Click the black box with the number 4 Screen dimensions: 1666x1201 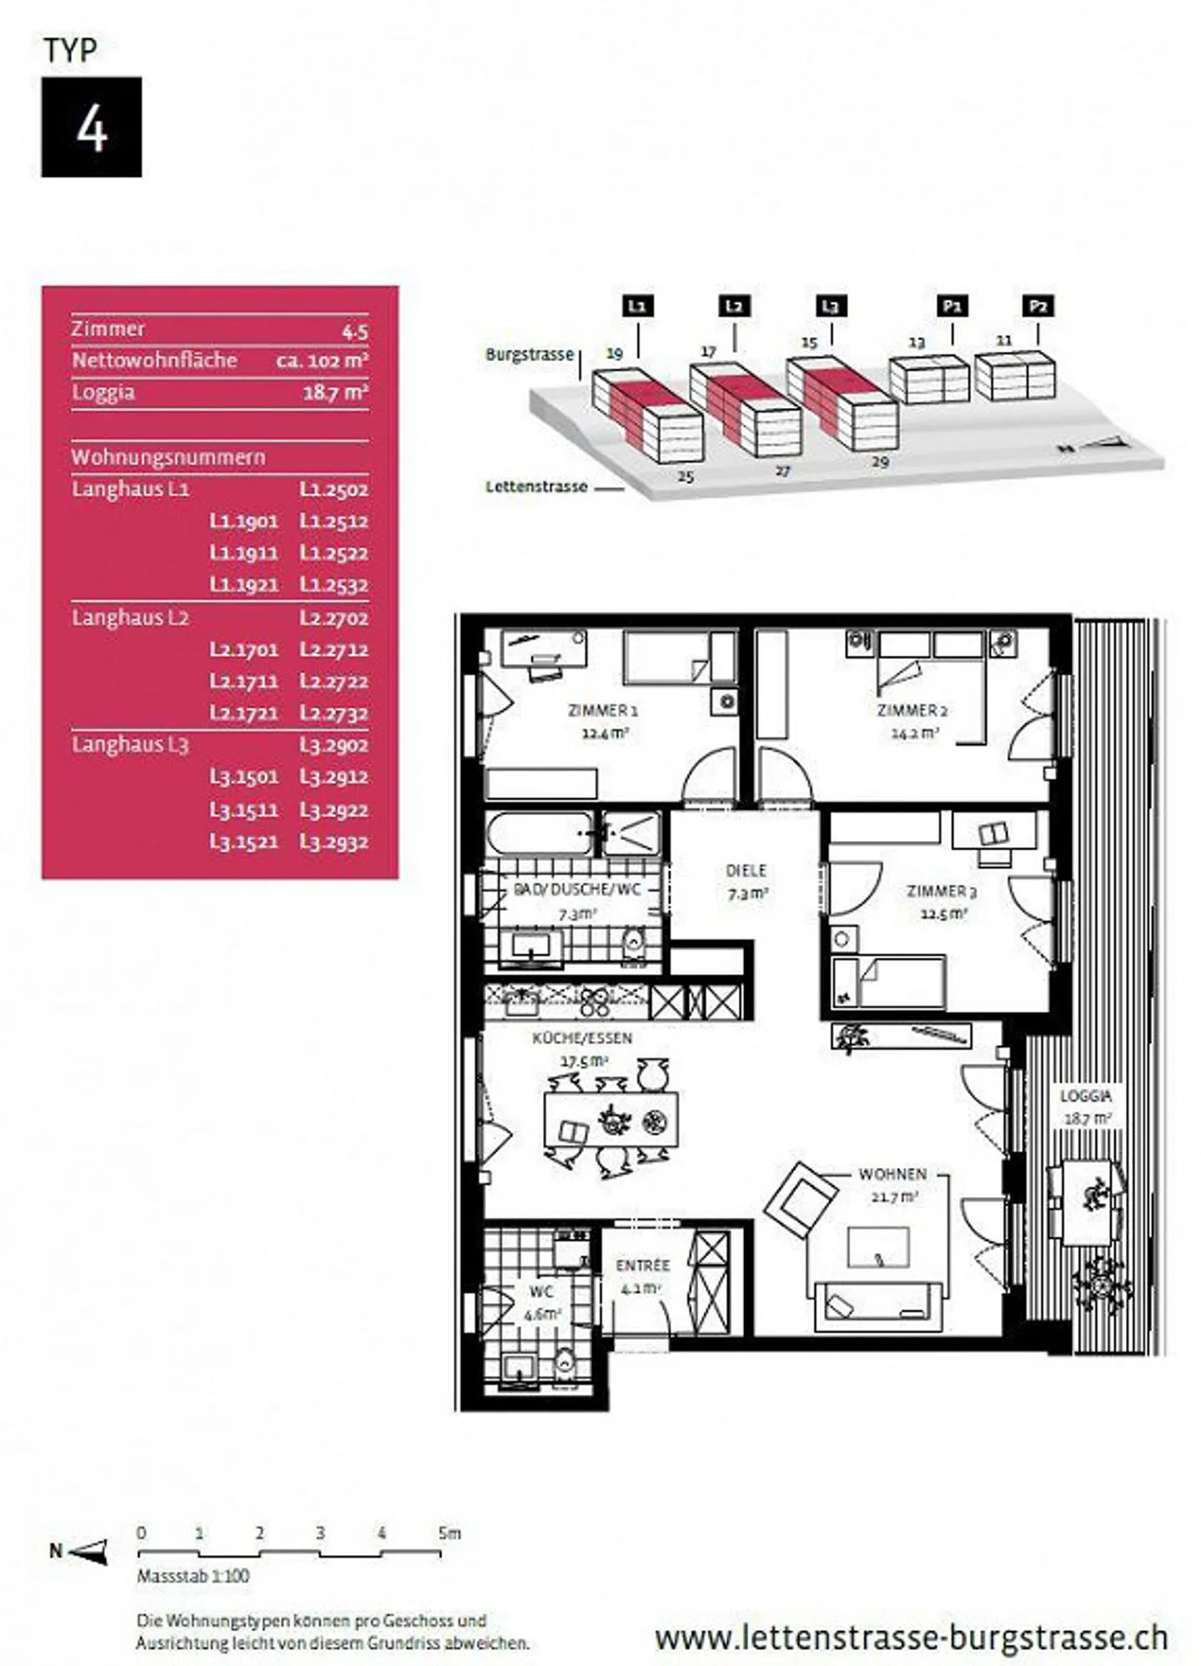[x=91, y=127]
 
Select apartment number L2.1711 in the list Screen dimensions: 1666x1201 [x=244, y=681]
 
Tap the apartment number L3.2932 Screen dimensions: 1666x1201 [x=334, y=841]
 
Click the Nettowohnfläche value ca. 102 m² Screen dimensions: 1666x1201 [x=322, y=360]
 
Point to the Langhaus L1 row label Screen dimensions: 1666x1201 [x=130, y=489]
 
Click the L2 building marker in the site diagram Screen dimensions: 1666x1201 [x=733, y=306]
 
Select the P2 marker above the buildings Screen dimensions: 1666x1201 [x=1038, y=306]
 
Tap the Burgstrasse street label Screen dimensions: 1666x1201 [x=530, y=355]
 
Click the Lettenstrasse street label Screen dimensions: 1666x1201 [x=536, y=486]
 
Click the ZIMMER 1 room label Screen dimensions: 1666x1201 [x=603, y=711]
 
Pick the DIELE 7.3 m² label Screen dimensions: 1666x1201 [x=746, y=881]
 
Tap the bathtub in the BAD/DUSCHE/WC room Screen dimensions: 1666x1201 [x=540, y=833]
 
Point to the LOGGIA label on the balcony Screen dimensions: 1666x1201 [x=1085, y=1096]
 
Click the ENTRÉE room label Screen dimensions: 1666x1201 [x=642, y=1266]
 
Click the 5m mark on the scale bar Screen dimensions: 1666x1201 [x=448, y=1533]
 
